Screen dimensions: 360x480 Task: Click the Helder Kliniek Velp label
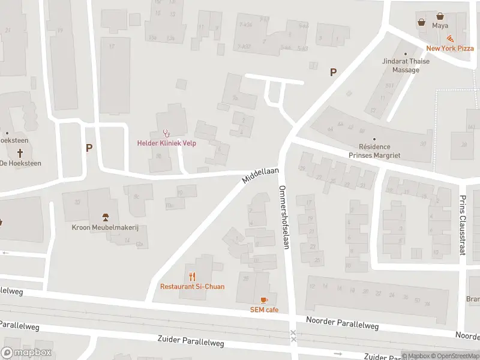tap(167, 143)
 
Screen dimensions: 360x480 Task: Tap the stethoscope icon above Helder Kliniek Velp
tap(167, 133)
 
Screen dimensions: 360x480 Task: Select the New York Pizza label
tap(449, 49)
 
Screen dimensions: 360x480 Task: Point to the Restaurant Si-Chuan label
tap(192, 286)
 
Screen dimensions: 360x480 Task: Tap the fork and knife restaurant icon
tap(192, 277)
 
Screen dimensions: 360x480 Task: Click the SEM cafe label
tap(264, 310)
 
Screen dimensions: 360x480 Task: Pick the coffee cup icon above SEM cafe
tap(264, 300)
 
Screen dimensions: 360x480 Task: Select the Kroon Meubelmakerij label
tap(106, 228)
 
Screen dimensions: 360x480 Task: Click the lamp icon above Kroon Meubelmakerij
tap(106, 217)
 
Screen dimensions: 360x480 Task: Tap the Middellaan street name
tap(261, 175)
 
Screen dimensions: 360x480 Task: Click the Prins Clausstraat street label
tap(463, 225)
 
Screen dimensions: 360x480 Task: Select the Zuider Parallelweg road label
tap(191, 341)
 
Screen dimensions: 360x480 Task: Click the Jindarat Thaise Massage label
tap(401, 65)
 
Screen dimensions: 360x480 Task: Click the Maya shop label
tap(440, 26)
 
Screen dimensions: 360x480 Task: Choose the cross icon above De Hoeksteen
tap(7, 133)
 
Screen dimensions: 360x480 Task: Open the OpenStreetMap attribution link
tap(454, 356)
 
